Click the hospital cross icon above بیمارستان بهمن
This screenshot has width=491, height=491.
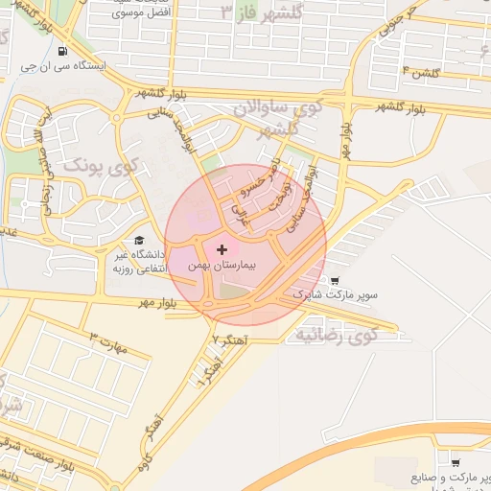pos(222,249)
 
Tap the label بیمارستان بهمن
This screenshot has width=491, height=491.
pos(223,263)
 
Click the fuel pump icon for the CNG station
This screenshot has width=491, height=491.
pos(62,52)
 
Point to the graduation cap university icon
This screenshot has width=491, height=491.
pos(139,241)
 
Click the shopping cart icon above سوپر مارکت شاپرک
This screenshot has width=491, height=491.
pos(334,281)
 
